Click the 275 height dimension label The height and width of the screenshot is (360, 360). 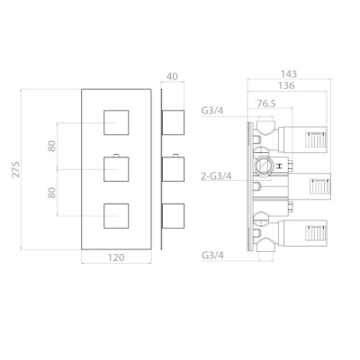[x=16, y=169]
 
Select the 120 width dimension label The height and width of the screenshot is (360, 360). [x=116, y=257]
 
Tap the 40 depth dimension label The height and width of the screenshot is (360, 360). [x=172, y=76]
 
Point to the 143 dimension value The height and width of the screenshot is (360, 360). [x=289, y=74]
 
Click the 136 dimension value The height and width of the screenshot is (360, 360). [x=286, y=85]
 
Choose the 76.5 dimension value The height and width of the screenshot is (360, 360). [x=266, y=103]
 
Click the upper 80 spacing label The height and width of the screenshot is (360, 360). [x=52, y=146]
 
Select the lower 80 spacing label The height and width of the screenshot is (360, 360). [x=52, y=193]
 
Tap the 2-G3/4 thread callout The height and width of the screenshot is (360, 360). [x=216, y=176]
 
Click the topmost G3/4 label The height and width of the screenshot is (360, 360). [x=212, y=111]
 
